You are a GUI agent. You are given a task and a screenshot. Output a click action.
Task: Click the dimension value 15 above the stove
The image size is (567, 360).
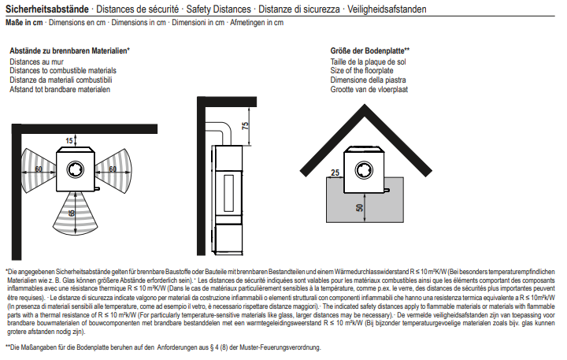69,139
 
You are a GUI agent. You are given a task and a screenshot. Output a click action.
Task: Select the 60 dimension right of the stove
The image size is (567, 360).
113,169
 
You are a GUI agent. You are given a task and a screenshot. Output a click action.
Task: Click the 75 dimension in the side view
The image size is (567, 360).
245,125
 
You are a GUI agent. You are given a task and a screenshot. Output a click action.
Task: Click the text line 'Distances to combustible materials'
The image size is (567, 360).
63,70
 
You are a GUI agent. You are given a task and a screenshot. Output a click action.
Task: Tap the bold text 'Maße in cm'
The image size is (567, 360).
24,24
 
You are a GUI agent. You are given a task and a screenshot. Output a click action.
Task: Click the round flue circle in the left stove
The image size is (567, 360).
76,169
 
